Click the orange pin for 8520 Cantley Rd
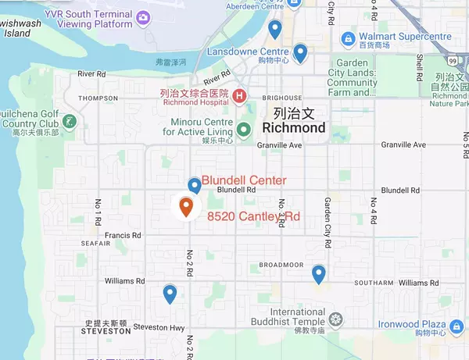[186, 207]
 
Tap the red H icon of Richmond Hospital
[239, 96]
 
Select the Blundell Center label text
[243, 180]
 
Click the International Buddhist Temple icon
[335, 319]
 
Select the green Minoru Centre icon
[244, 130]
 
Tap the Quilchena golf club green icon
[70, 121]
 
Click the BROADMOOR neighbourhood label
[281, 265]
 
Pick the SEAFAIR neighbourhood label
[94, 243]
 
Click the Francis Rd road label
[125, 234]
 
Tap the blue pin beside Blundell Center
[194, 185]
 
